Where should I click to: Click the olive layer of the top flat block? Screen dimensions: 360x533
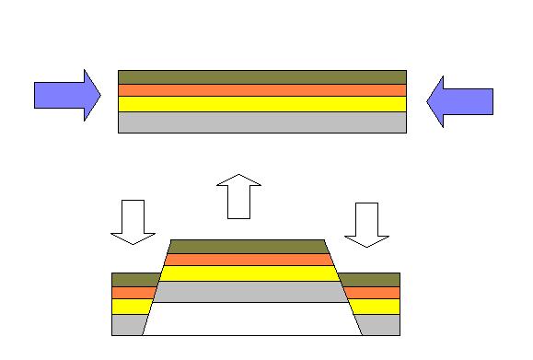261,77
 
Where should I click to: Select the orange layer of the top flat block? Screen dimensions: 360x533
261,90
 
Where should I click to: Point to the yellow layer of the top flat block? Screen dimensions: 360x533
261,104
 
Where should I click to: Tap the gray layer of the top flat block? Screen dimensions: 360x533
261,122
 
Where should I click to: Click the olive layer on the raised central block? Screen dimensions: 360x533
249,246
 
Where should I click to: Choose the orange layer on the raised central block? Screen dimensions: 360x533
249,260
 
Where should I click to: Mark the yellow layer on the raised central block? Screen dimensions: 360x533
249,273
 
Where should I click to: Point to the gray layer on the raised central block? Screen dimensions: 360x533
249,292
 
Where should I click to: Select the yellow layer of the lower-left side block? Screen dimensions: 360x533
130,307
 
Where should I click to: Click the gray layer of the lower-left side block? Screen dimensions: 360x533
127,325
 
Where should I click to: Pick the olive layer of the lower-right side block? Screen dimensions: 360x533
370,280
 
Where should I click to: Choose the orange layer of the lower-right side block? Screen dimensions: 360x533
372,293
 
